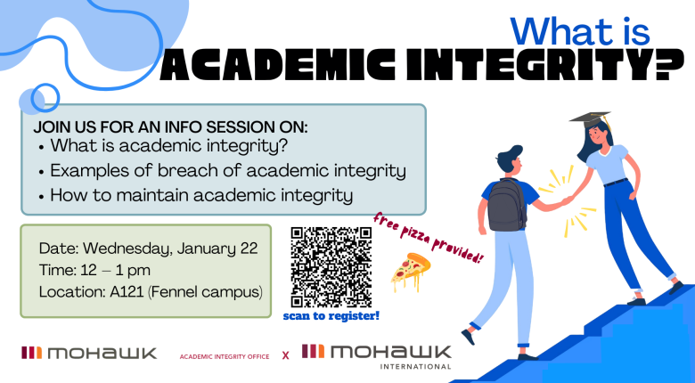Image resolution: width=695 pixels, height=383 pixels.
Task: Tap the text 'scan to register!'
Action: (x=331, y=315)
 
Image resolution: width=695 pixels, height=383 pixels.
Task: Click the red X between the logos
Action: (x=285, y=354)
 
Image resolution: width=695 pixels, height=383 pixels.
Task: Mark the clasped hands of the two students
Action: (x=564, y=201)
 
